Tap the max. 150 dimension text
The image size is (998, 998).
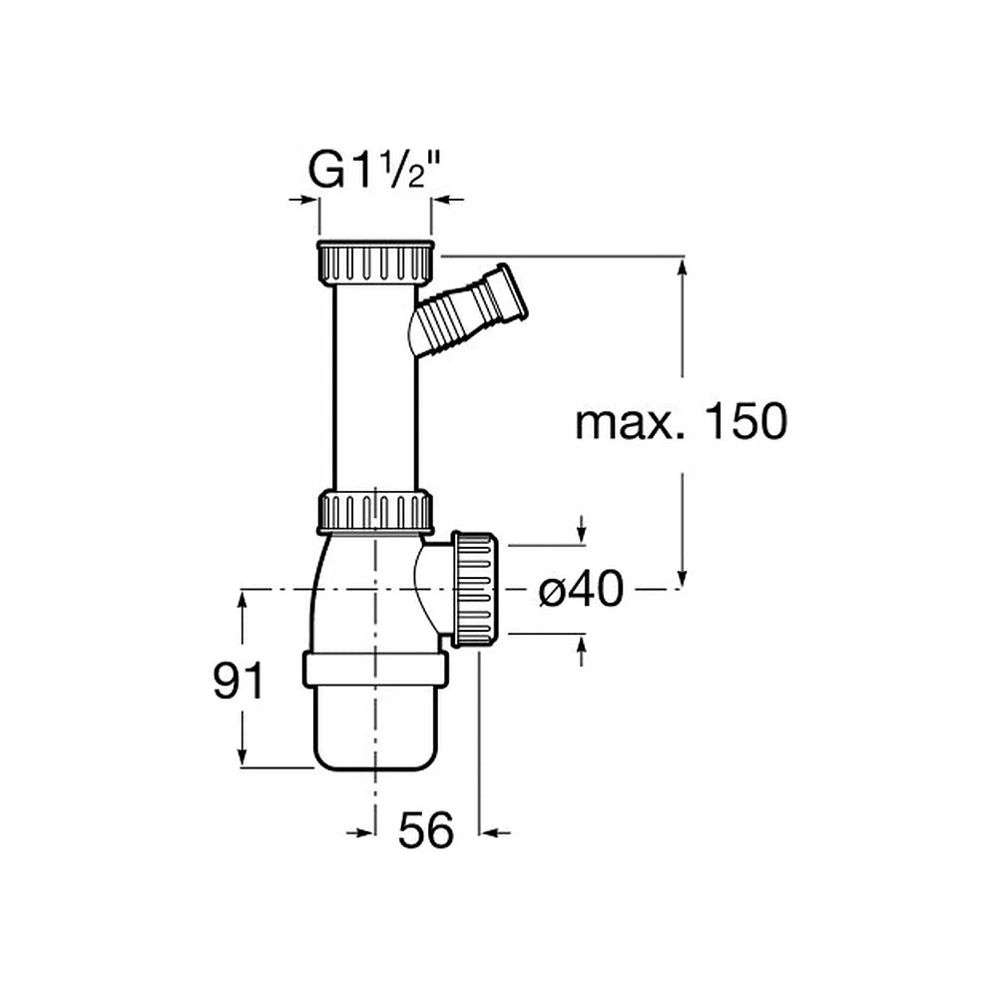[681, 421]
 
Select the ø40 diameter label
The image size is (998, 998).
[581, 589]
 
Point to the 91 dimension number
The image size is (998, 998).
[239, 681]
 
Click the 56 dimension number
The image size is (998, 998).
[426, 830]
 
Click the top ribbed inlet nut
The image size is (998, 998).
[375, 262]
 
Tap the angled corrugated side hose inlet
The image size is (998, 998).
[469, 310]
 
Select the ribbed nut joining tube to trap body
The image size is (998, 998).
[375, 511]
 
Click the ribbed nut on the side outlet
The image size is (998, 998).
[474, 590]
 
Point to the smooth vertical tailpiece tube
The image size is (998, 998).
[375, 387]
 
